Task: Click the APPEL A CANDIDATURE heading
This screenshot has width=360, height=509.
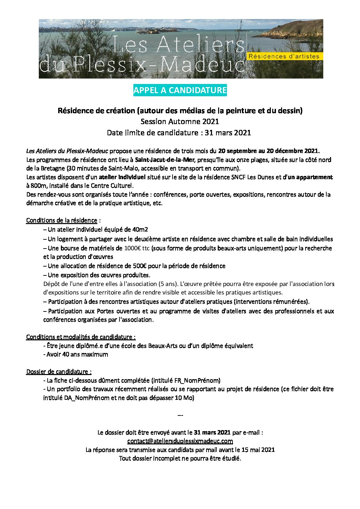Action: click(x=180, y=90)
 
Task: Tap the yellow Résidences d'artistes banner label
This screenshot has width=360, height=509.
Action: click(x=284, y=56)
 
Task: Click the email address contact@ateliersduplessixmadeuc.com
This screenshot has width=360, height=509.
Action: click(x=180, y=441)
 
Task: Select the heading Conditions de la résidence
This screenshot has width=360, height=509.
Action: click(x=62, y=220)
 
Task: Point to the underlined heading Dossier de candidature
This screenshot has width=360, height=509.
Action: click(x=59, y=372)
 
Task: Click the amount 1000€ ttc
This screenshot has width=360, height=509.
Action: click(x=137, y=248)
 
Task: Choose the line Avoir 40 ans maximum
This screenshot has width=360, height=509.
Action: click(x=76, y=354)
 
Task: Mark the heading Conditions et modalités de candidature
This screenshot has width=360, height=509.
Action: click(x=81, y=337)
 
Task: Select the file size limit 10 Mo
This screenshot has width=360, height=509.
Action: click(x=183, y=398)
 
